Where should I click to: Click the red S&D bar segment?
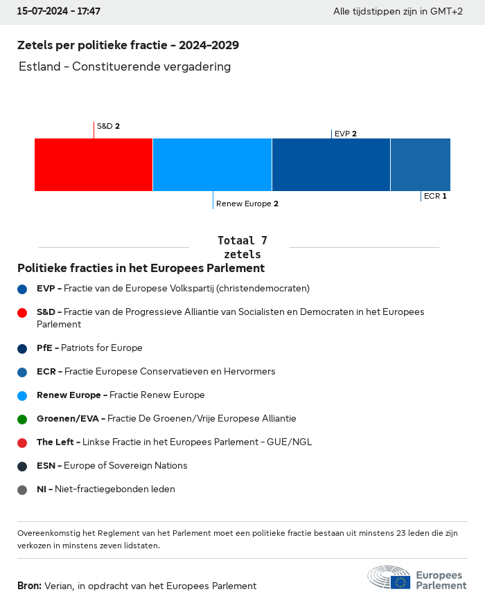[94, 164]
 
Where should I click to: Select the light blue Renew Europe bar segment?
[212, 164]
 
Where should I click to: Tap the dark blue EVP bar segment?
[331, 164]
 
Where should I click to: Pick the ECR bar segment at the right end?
[421, 164]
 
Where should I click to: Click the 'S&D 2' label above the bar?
[108, 126]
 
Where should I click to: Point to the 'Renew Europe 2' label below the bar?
[247, 204]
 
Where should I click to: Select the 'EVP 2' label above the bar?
[345, 134]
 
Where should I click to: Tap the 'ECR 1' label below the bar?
[435, 196]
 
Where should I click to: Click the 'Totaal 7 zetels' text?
[242, 247]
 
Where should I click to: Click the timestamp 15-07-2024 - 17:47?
[59, 12]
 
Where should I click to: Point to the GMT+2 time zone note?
[398, 12]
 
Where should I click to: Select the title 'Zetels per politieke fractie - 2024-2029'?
[128, 46]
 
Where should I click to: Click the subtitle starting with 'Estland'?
[125, 66]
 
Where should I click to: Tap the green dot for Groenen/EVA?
[22, 419]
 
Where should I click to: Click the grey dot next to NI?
[22, 489]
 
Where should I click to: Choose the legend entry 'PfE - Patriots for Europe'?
[89, 348]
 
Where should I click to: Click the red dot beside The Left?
[22, 442]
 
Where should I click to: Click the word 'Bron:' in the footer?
[29, 586]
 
